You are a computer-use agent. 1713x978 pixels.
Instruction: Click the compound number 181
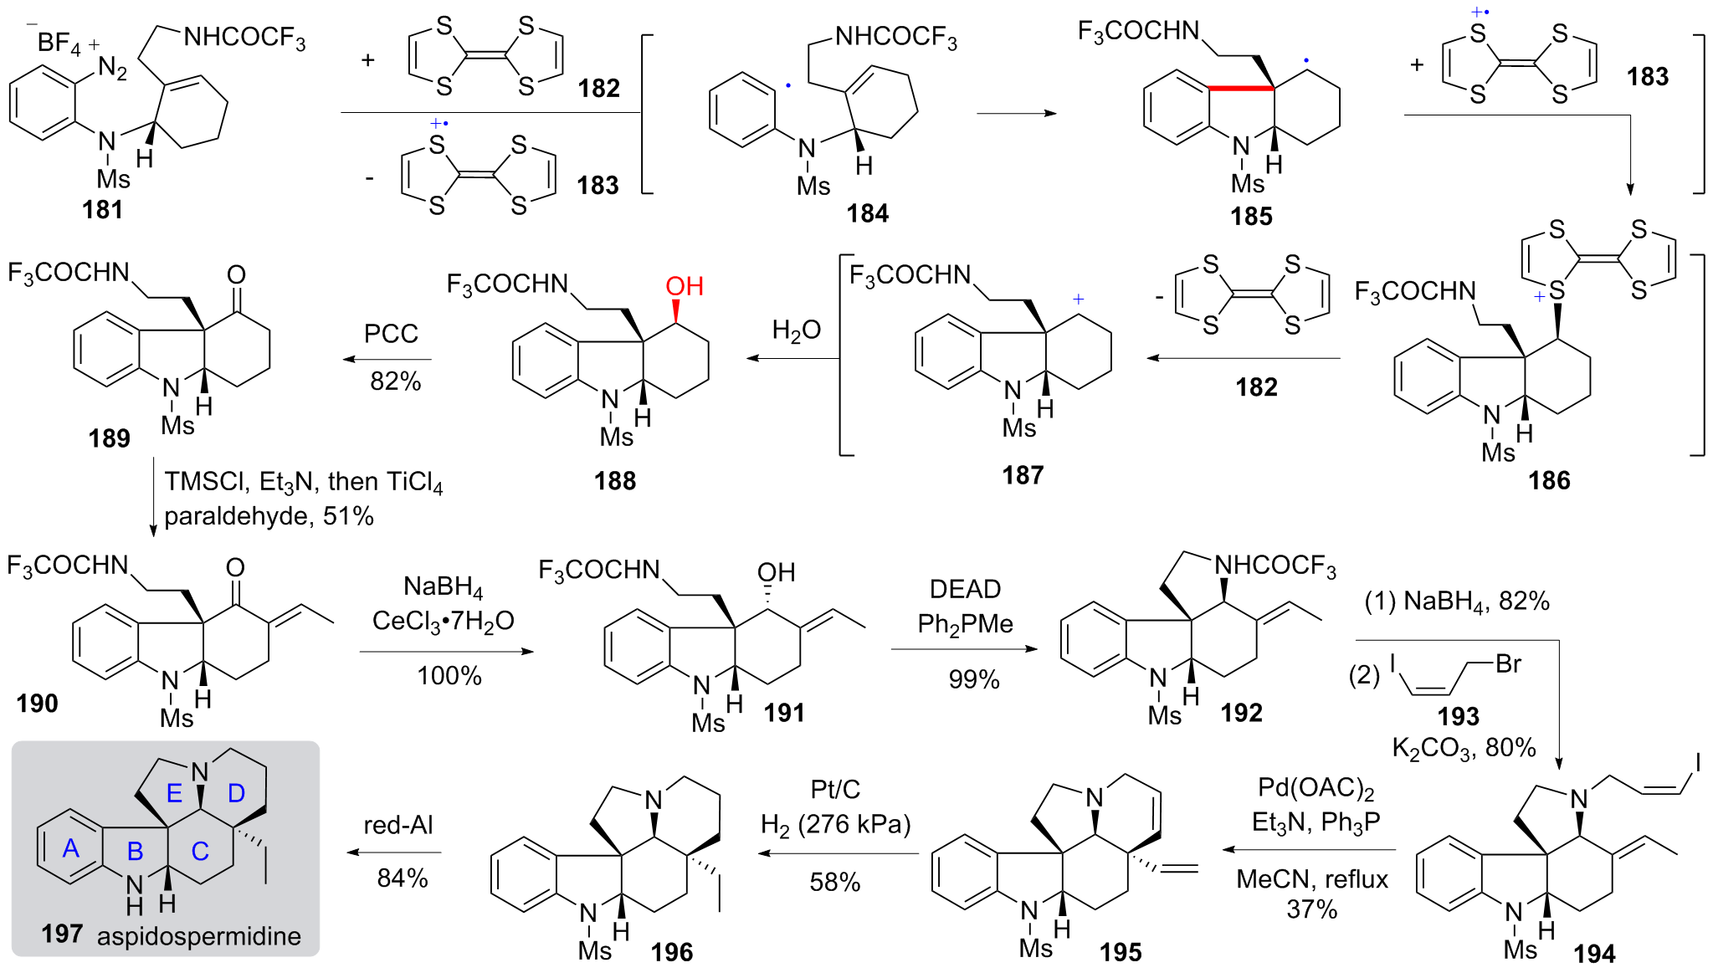(x=102, y=209)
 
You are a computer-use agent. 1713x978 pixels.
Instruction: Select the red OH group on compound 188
(x=684, y=286)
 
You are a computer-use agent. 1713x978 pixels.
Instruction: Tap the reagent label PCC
(x=391, y=334)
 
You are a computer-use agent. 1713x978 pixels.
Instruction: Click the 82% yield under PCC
(x=395, y=381)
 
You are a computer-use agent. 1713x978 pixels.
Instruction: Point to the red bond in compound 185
(x=1241, y=87)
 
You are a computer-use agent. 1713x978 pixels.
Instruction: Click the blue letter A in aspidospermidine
(x=71, y=848)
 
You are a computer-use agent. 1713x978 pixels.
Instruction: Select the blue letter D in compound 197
(x=237, y=793)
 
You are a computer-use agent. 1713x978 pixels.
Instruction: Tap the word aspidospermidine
(x=199, y=935)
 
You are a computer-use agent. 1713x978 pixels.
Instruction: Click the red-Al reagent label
(x=398, y=825)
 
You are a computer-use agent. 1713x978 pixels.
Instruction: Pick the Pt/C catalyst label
(x=835, y=789)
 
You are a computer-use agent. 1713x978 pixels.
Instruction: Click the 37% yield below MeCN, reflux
(x=1311, y=909)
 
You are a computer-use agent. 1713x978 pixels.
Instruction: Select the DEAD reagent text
(x=965, y=589)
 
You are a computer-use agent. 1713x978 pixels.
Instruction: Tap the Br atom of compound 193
(x=1508, y=663)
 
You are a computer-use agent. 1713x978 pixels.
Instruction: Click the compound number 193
(x=1458, y=716)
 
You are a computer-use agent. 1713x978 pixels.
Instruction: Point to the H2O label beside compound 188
(x=796, y=330)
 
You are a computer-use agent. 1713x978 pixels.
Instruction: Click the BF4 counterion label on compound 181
(x=59, y=43)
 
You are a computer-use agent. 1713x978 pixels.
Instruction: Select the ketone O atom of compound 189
(x=237, y=274)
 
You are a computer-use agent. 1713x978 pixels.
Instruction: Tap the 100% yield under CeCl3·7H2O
(x=449, y=675)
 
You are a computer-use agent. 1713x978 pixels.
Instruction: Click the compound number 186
(x=1549, y=480)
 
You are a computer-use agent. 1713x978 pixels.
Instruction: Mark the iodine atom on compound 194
(x=1698, y=761)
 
